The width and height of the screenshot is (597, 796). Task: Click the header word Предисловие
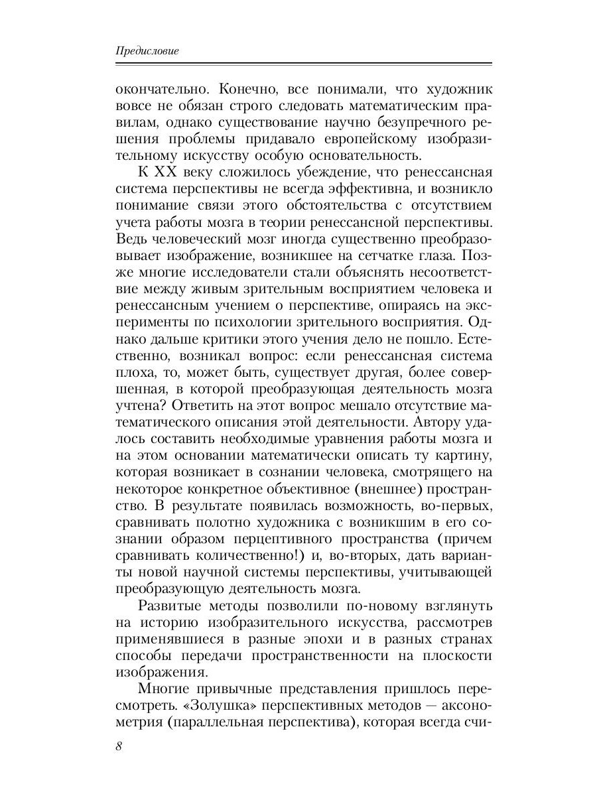click(147, 51)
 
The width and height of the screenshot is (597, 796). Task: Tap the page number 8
click(119, 746)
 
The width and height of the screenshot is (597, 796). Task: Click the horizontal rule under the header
click(303, 64)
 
